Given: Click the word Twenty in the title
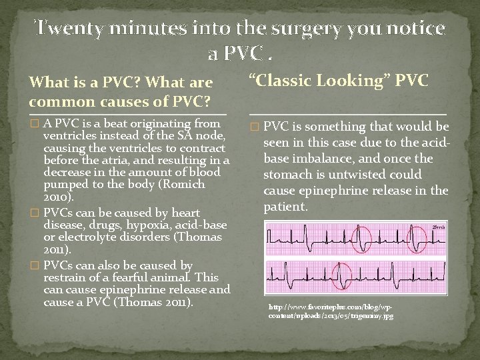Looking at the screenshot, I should click(65, 29).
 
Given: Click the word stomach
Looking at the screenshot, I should click(288, 175).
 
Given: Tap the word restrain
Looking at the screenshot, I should click(65, 277).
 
